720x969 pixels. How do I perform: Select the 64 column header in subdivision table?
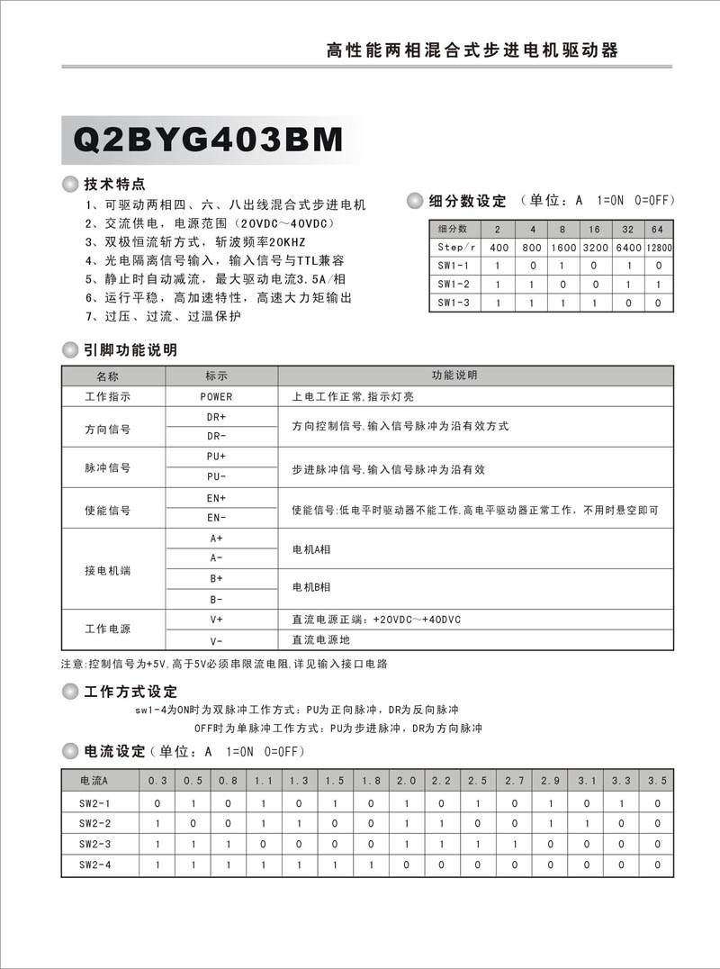(658, 229)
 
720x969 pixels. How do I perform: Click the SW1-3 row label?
(454, 303)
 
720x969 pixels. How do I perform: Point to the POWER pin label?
(216, 396)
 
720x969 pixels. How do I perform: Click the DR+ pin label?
(216, 417)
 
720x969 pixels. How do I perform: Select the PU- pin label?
(216, 476)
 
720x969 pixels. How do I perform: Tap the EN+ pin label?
(216, 498)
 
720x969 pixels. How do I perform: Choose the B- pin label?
(216, 599)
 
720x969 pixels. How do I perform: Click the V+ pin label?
(216, 620)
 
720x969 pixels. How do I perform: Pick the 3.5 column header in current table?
(657, 780)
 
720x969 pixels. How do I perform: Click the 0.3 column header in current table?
(157, 780)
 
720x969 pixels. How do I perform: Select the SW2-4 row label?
(94, 865)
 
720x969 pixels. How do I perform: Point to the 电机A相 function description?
(312, 548)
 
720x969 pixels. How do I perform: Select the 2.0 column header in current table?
(407, 780)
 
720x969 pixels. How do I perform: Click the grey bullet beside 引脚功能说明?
(69, 349)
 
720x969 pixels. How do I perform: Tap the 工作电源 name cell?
(107, 629)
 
